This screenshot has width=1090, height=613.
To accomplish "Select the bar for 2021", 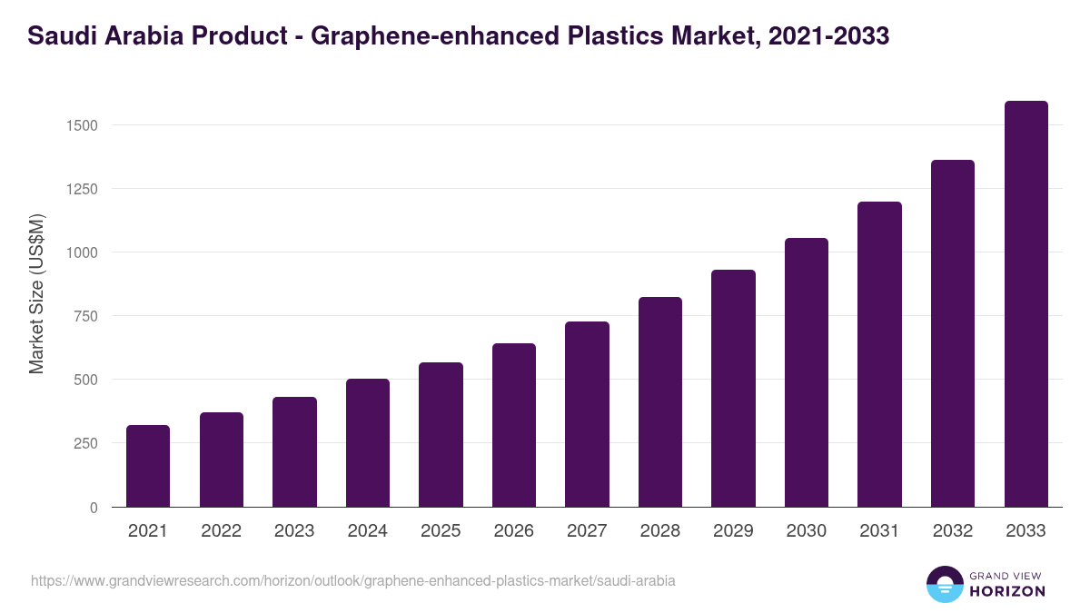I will pos(148,466).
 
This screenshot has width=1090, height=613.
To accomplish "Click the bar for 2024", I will pos(368,443).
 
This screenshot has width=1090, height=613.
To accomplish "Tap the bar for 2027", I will pos(587,414).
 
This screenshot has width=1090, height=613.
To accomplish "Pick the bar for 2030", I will pos(807,372).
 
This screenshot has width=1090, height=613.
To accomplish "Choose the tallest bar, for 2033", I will pos(1026,304).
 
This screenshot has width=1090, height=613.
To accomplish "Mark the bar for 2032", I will pos(953,333).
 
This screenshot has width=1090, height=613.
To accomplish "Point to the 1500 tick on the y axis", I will pos(83,125).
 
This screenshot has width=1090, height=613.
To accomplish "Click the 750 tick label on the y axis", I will pos(86,316).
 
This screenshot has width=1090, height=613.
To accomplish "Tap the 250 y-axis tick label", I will pos(86,443).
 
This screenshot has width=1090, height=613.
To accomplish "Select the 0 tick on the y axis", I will pos(94,508).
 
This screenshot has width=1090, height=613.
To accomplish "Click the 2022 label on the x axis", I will pos(221,531).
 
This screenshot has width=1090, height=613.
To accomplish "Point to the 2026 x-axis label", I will pos(514,531).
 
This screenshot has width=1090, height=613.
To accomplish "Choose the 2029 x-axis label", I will pos(733,531).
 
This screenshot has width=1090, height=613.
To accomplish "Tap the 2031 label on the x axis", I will pos(880,531).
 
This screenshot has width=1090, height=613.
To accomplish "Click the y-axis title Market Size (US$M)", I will pos(36,294).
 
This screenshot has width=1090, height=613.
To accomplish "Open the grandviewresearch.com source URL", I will pos(353,580).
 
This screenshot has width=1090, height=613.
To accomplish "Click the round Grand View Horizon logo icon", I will pos(944,584).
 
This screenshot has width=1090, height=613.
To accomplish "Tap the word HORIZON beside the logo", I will pos(1006,591).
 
